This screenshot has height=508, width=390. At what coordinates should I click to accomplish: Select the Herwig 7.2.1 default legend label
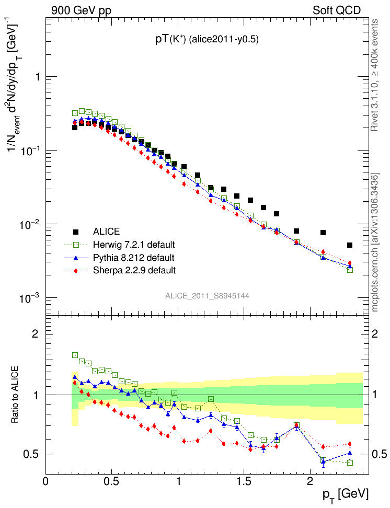point(134,245)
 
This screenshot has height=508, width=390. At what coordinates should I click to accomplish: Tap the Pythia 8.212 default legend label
point(133,258)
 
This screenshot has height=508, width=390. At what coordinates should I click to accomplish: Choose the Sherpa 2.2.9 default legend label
point(134,270)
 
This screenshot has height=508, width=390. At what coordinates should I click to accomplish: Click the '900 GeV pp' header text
point(81,10)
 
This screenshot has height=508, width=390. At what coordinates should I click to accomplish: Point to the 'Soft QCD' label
point(337,10)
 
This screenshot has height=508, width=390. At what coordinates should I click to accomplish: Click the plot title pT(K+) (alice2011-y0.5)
point(207,40)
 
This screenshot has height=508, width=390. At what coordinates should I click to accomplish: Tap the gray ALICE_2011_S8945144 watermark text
point(207,296)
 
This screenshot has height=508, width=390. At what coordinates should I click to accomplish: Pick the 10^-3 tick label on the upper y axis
point(29,298)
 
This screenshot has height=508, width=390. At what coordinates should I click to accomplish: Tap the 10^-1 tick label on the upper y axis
point(29,151)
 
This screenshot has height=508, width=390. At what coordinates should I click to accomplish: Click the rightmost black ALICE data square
point(350,245)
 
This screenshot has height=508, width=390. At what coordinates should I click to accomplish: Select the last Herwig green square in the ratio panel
point(350,463)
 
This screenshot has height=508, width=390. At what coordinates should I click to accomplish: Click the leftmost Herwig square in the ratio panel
point(75,355)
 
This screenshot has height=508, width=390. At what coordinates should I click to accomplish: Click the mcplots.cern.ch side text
point(375,243)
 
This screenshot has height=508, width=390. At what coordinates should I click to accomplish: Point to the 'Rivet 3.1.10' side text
point(375,76)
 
